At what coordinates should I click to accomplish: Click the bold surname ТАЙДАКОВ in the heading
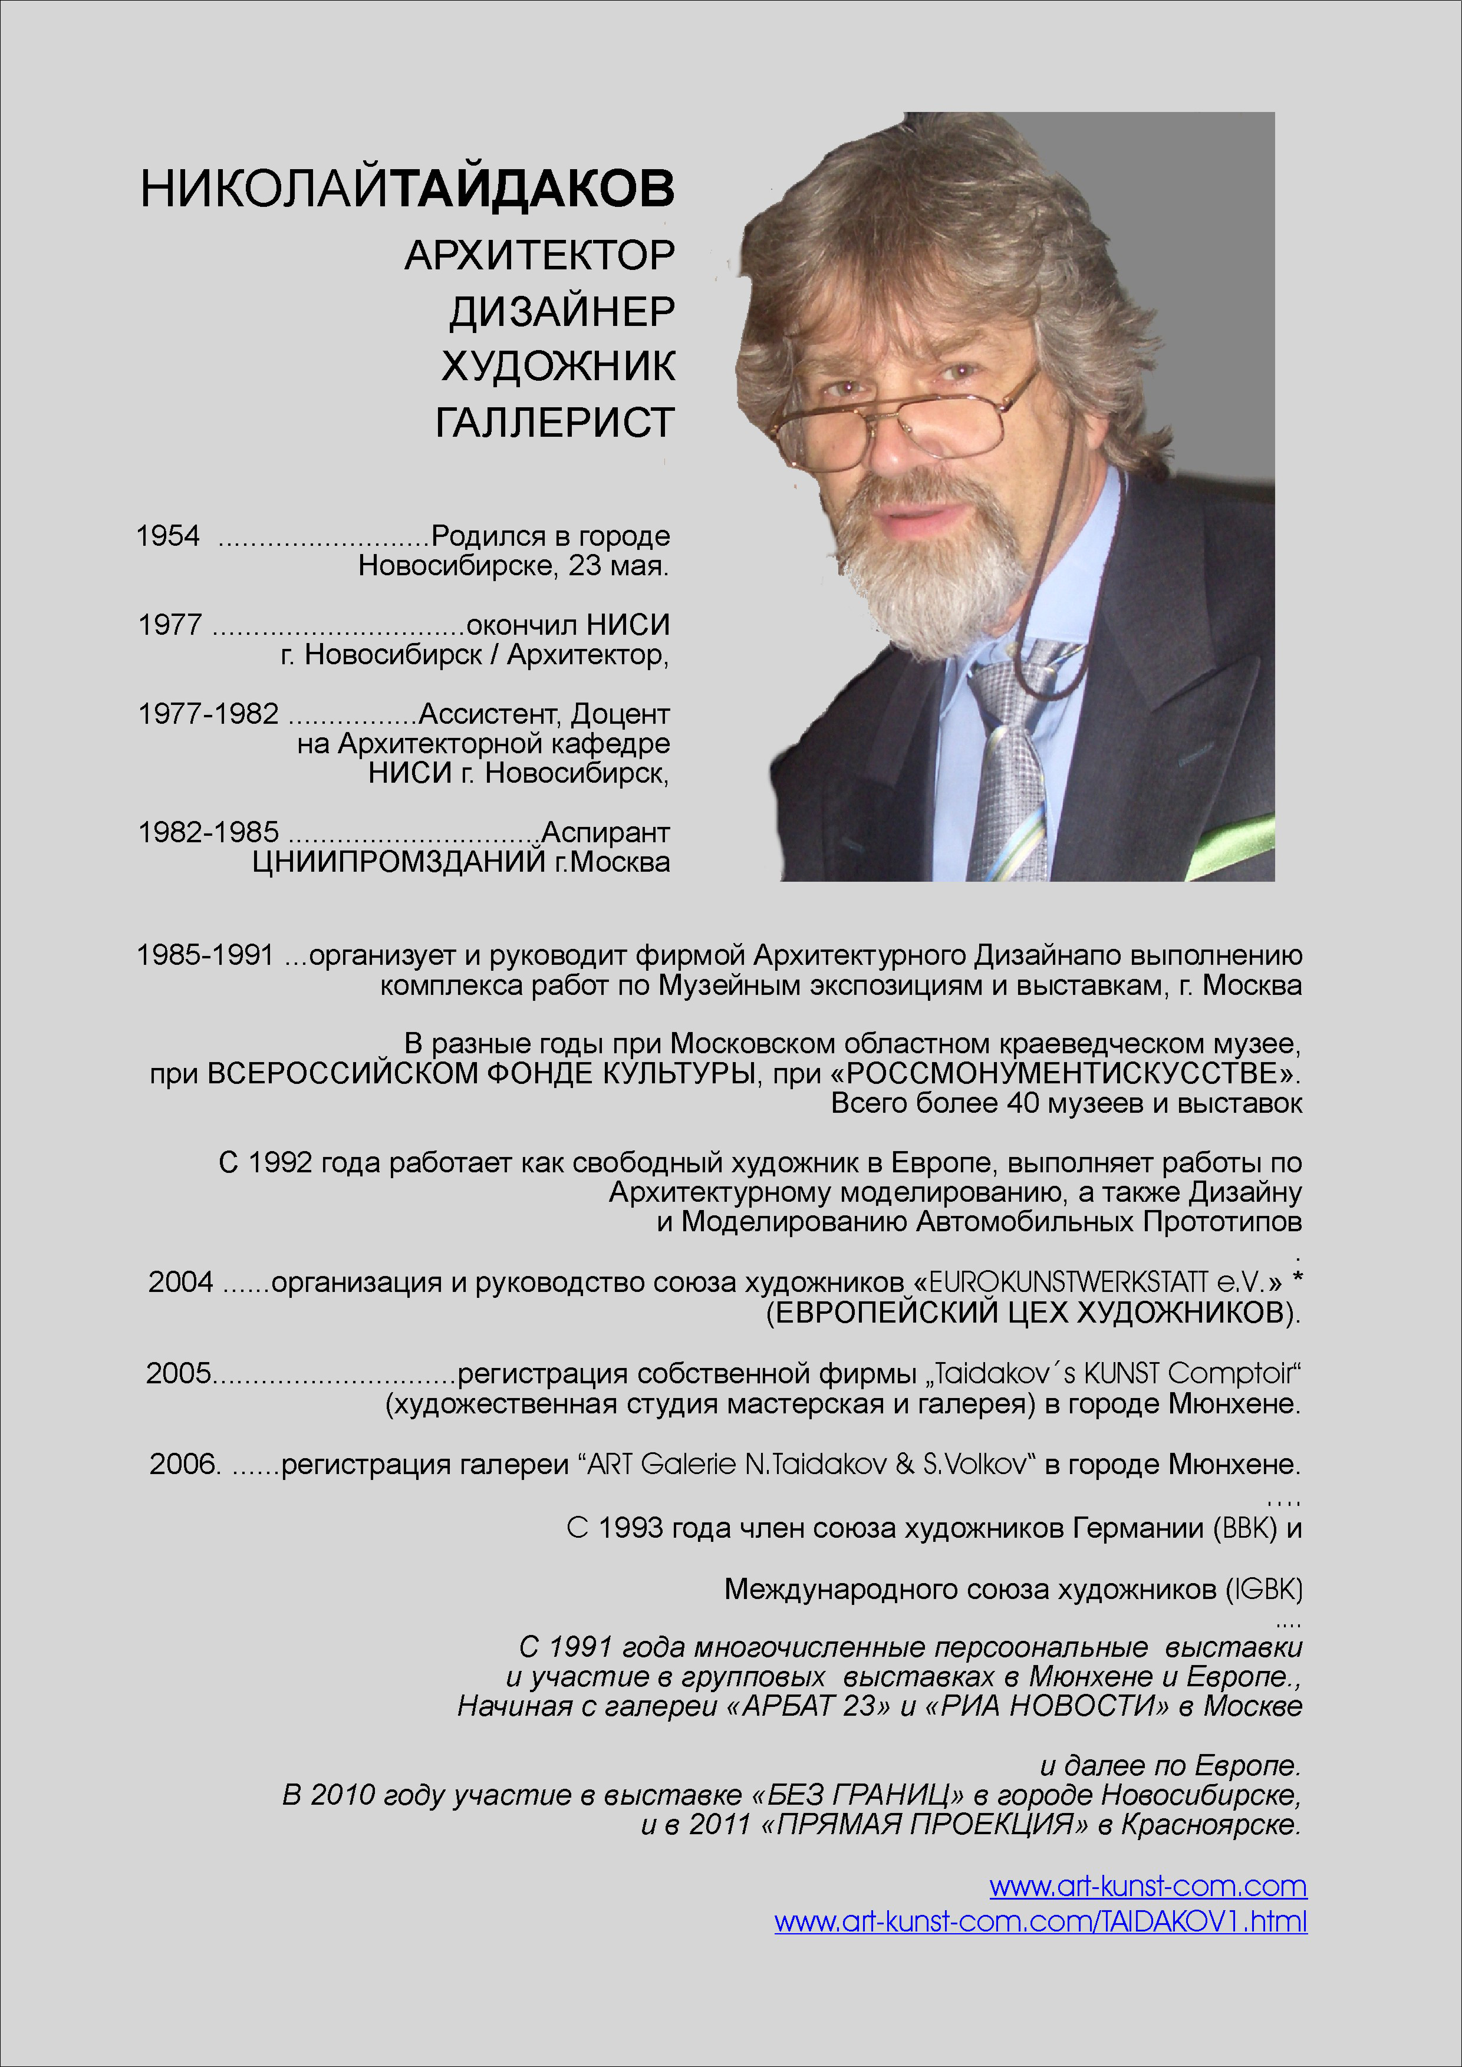point(534,189)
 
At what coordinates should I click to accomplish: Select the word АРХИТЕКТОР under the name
point(539,256)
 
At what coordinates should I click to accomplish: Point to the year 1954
point(167,536)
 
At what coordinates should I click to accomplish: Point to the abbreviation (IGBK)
point(1265,1589)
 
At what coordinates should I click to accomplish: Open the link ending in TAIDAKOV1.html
point(1040,1921)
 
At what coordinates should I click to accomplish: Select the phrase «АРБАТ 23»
point(808,1705)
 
